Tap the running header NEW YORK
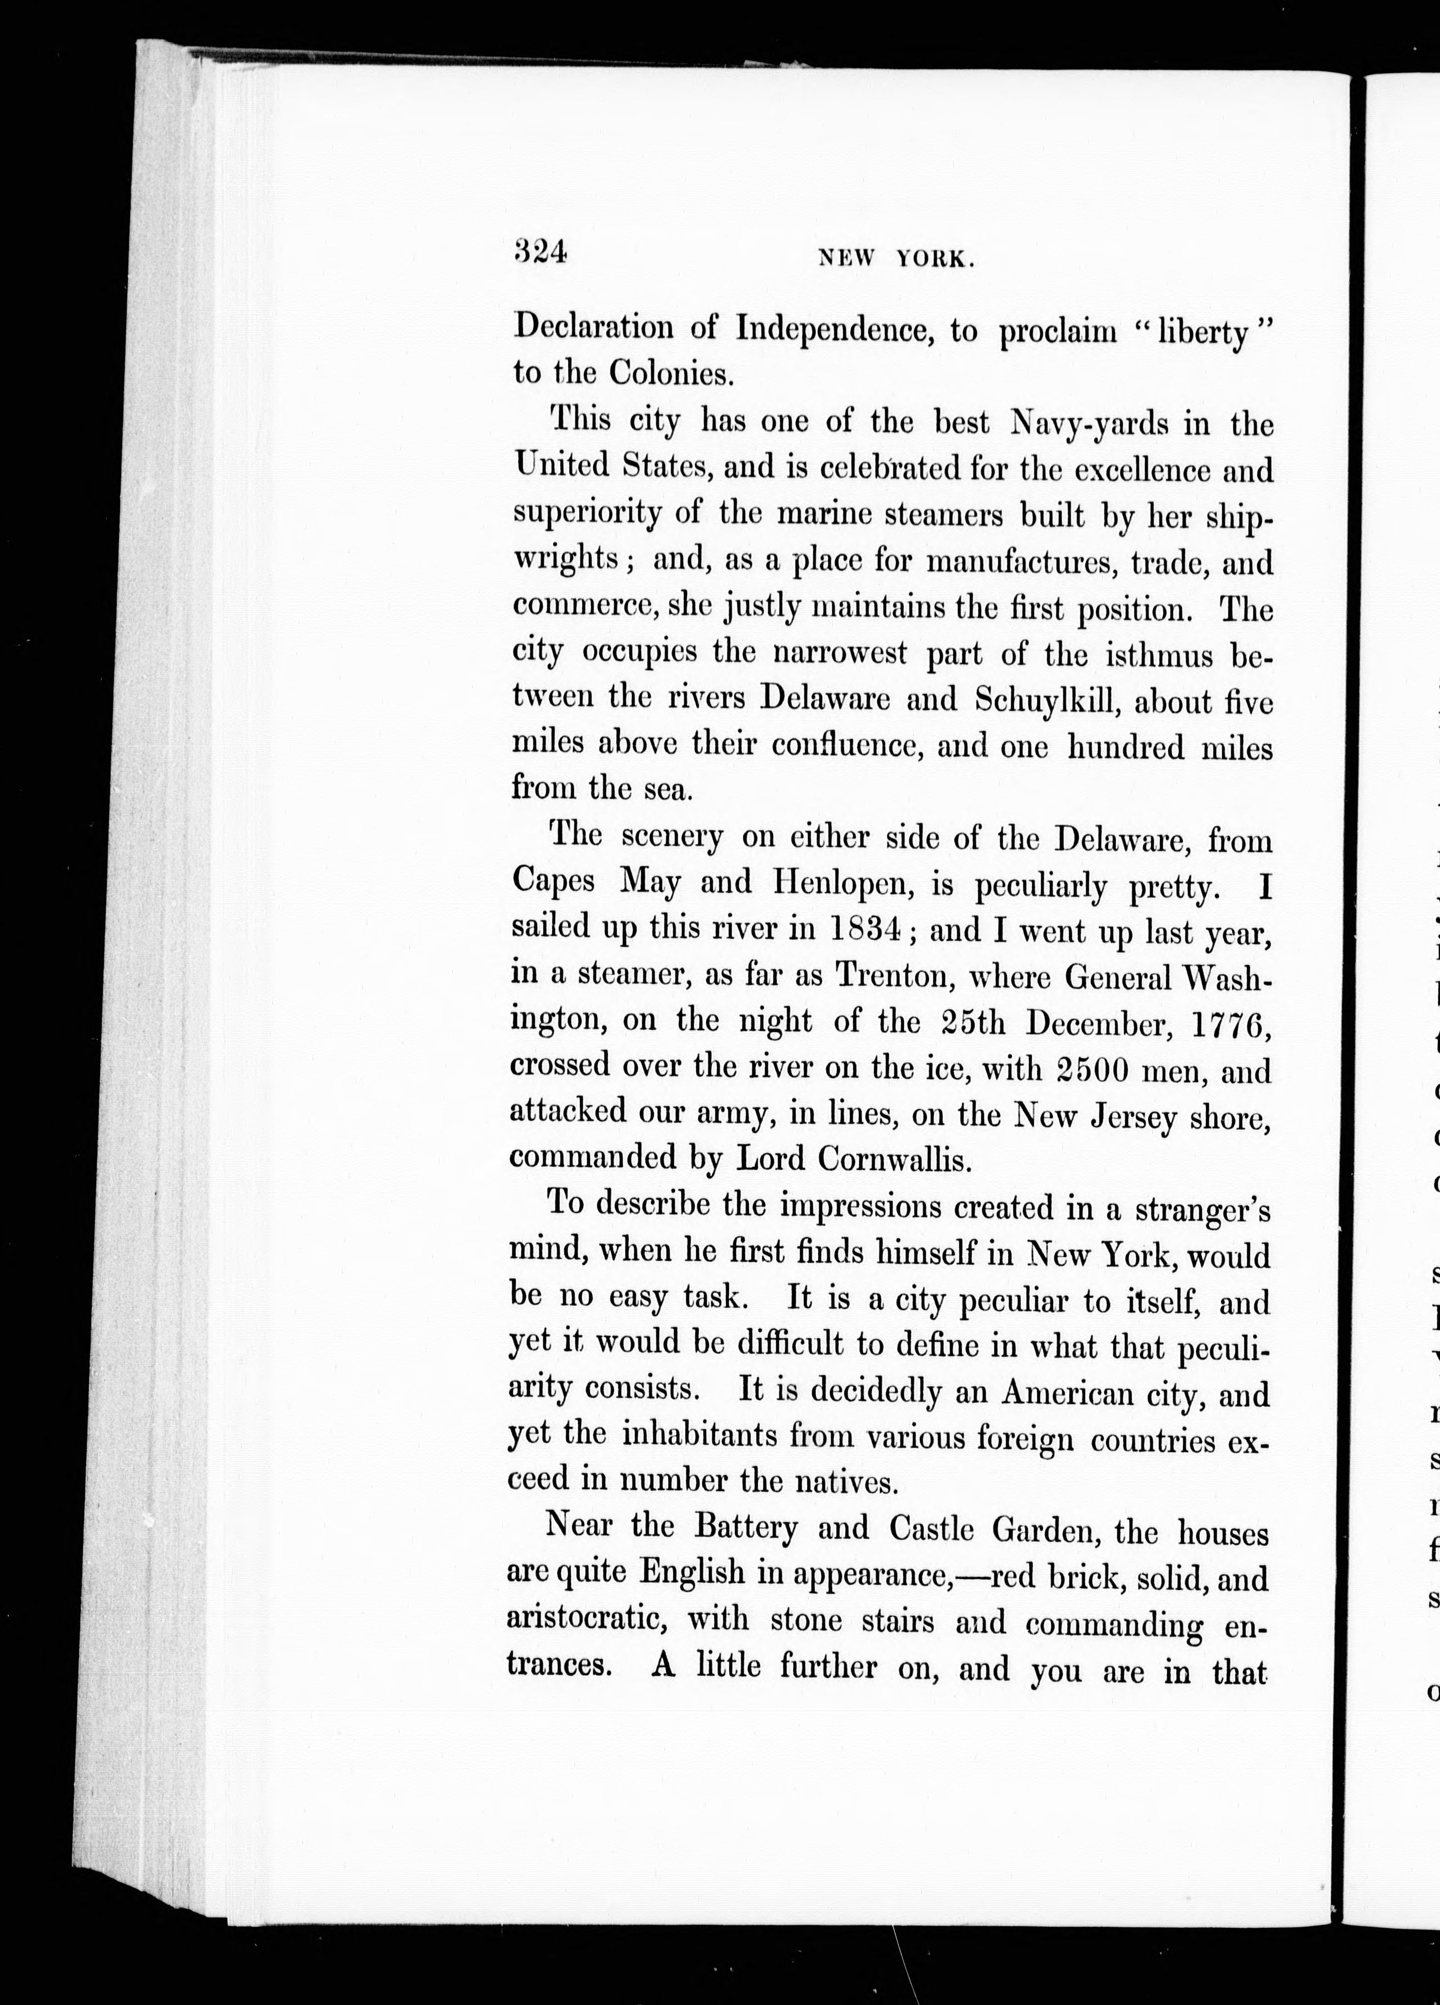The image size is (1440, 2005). [x=896, y=258]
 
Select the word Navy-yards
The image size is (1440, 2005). [x=1089, y=425]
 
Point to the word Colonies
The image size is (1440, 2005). [x=672, y=374]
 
